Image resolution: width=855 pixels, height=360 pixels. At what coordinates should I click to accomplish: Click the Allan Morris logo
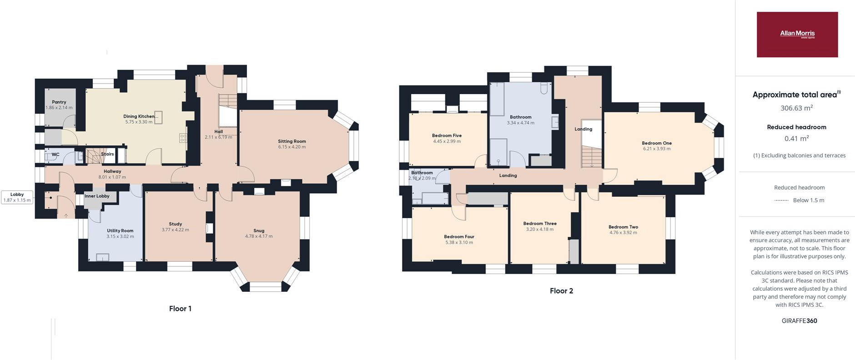coord(797,34)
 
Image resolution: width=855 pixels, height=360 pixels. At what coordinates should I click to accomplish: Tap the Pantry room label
coord(59,102)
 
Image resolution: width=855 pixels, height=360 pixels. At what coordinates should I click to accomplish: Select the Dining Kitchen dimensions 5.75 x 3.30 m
coord(139,122)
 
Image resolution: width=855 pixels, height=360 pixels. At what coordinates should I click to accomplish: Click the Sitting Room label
coord(292,141)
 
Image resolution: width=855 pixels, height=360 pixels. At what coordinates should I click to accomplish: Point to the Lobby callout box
coord(17,197)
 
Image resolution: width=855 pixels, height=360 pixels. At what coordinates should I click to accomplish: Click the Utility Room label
coord(120,231)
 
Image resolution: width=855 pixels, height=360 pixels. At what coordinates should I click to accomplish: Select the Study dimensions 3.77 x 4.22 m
coord(175,230)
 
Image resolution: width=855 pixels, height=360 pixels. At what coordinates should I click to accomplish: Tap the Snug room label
coord(259,230)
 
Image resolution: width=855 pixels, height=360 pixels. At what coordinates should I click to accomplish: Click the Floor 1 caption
coord(180,309)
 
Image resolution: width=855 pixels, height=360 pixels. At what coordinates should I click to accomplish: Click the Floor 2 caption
coord(561,291)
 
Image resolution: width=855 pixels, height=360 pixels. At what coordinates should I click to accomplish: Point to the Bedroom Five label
coord(447,135)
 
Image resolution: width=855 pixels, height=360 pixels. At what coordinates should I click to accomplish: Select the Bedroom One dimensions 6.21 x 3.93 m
coord(657,149)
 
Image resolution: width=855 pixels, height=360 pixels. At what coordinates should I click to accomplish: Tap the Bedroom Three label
coord(540,224)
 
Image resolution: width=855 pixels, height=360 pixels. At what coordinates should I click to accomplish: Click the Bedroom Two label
coord(623,227)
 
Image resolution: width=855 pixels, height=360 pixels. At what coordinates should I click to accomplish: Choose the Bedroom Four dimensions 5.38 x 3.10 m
coord(459,242)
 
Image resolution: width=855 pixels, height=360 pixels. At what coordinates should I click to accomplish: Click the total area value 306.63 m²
coord(796,108)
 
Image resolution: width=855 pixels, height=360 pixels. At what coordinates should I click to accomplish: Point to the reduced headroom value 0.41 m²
coord(796,139)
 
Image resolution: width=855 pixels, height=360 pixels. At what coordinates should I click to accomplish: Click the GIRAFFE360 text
coord(799,321)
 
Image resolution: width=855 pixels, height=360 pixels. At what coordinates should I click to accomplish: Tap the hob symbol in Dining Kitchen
coord(183,138)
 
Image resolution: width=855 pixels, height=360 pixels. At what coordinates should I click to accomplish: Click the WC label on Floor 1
coord(55,155)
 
